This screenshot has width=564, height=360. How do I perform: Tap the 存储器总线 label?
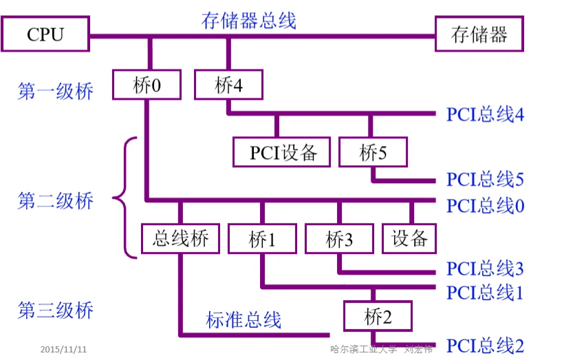click(x=248, y=20)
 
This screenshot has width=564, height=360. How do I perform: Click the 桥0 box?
click(x=147, y=85)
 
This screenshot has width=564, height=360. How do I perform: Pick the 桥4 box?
click(x=228, y=85)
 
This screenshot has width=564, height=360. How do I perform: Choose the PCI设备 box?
click(x=282, y=152)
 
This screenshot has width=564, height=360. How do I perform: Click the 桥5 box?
click(x=373, y=152)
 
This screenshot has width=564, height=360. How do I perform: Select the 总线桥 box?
click(x=180, y=238)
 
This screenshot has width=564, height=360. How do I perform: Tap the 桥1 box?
click(x=262, y=238)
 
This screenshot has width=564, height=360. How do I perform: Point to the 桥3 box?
click(x=339, y=238)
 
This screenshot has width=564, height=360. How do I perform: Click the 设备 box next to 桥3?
click(x=410, y=238)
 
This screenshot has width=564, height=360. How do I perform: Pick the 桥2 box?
click(x=378, y=317)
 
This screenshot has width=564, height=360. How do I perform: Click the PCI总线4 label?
click(x=485, y=114)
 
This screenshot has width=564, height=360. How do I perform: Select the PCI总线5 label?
click(x=485, y=180)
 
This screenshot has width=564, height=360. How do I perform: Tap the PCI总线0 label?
click(x=485, y=205)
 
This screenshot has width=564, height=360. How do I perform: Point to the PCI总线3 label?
click(x=485, y=268)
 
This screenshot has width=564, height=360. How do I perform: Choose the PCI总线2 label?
click(x=485, y=346)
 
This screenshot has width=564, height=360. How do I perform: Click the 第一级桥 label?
click(x=55, y=92)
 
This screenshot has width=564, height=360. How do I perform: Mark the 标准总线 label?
click(x=243, y=320)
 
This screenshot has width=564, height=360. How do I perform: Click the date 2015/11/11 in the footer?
click(x=63, y=349)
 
